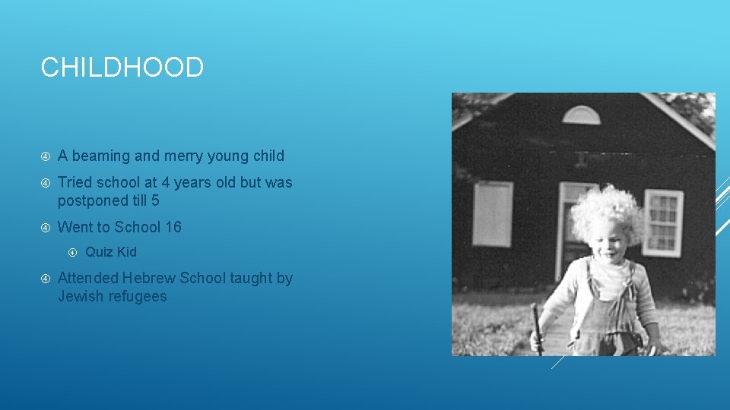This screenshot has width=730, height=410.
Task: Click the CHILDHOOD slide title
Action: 122,68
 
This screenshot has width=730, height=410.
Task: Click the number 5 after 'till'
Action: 155,201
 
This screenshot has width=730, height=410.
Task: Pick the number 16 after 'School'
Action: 173,227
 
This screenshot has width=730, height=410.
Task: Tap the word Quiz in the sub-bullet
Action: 99,252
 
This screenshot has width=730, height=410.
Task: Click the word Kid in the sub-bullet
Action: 126,252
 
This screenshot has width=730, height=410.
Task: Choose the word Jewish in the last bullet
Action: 81,297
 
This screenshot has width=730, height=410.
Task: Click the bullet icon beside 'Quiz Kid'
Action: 73,252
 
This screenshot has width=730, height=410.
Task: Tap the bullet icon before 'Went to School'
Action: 46,227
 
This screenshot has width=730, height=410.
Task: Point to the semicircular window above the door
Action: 582,115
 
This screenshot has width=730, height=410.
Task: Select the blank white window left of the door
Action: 492,214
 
